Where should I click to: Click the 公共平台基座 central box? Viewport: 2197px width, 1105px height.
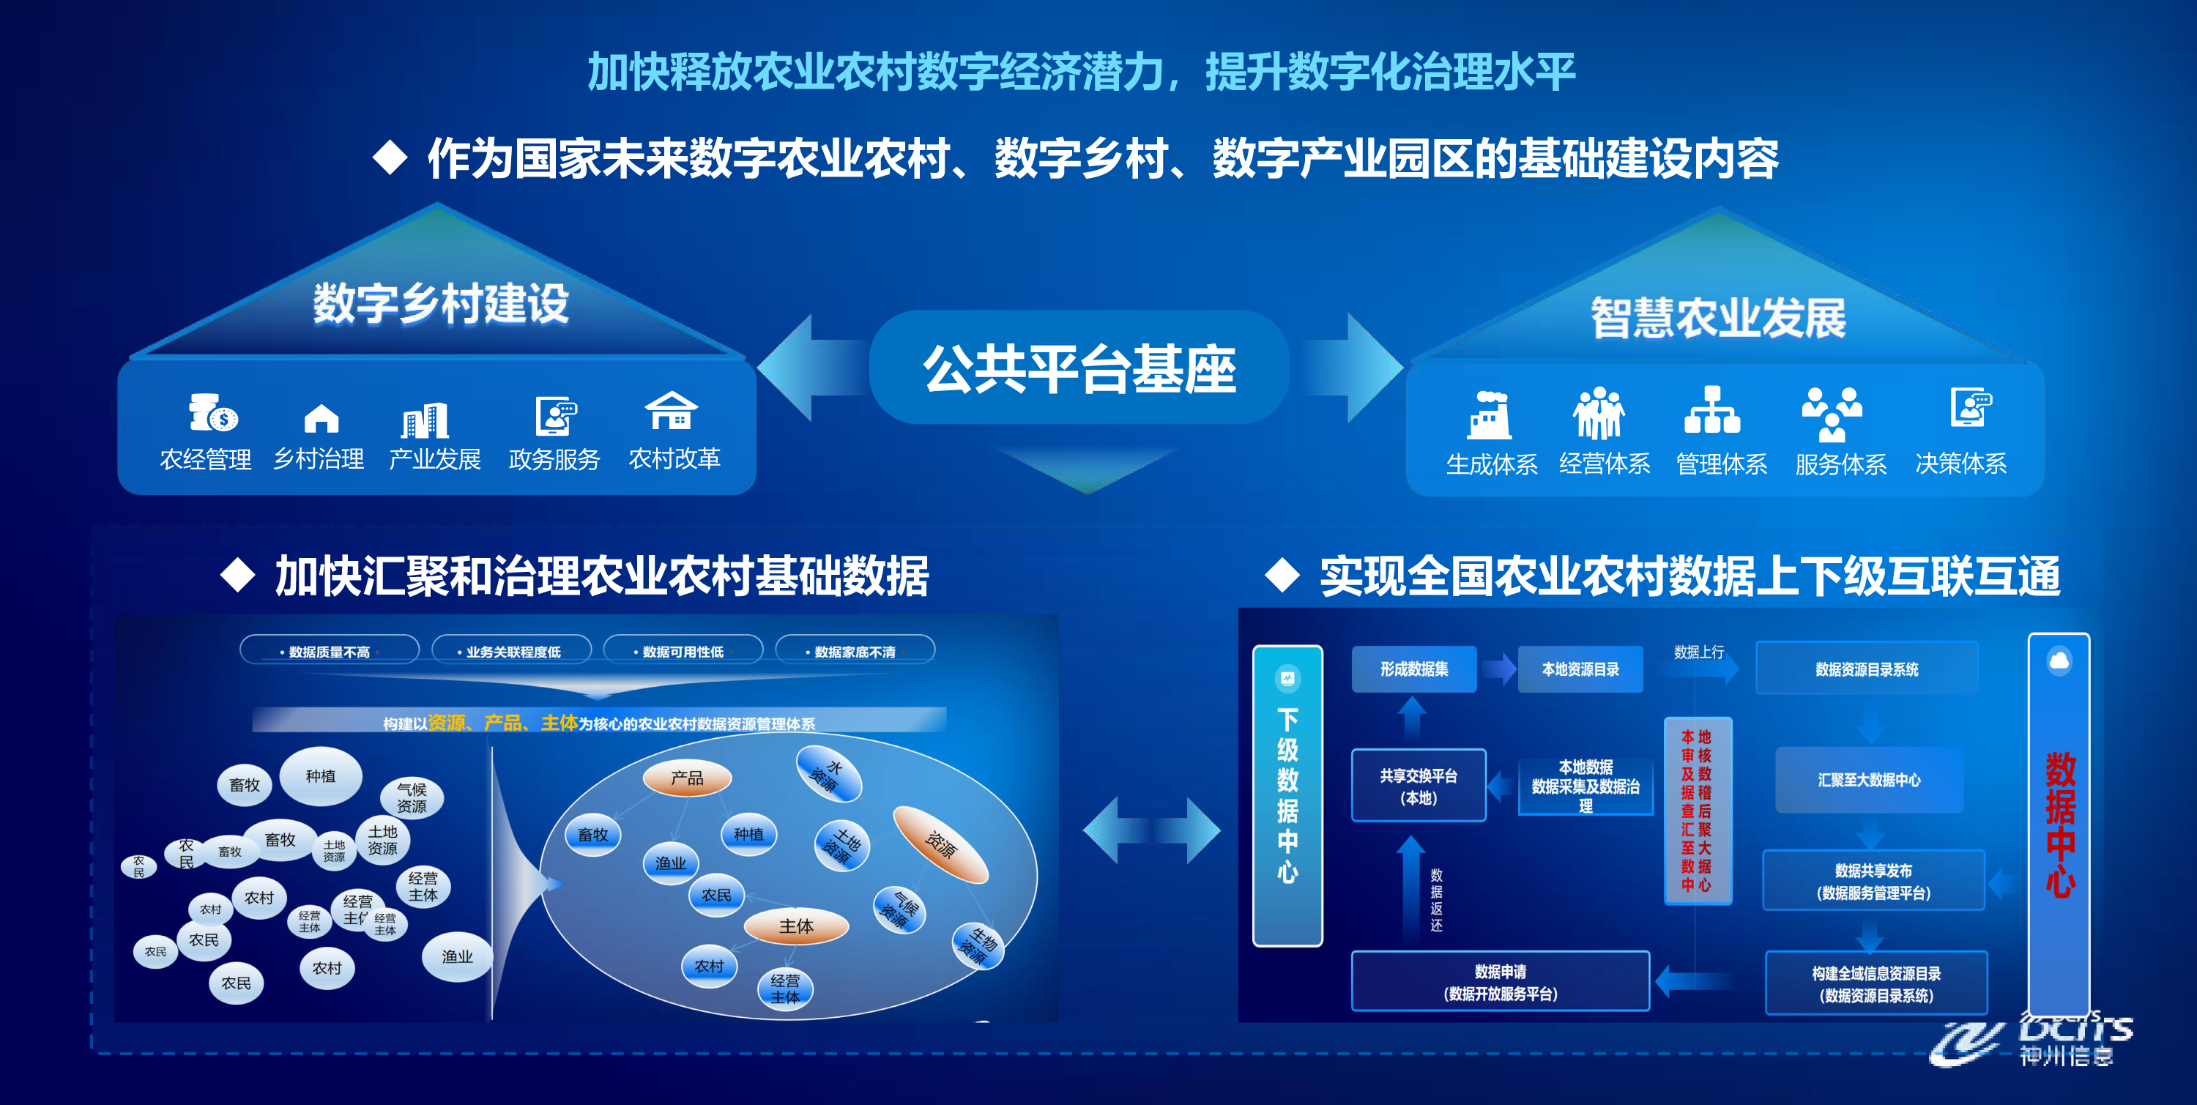pyautogui.click(x=1079, y=368)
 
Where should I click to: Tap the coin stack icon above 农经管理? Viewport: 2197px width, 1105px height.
pyautogui.click(x=212, y=414)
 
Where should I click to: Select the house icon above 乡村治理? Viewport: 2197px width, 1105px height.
pyautogui.click(x=321, y=418)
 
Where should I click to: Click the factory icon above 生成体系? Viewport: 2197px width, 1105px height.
pyautogui.click(x=1489, y=415)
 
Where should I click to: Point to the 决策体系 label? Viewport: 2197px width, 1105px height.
pyautogui.click(x=1960, y=463)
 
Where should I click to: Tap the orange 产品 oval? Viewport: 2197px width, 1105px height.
pyautogui.click(x=687, y=778)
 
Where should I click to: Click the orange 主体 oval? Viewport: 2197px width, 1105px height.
pyautogui.click(x=796, y=926)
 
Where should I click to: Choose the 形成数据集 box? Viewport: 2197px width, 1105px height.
pyautogui.click(x=1414, y=669)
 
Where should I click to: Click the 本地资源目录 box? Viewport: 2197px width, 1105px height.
pyautogui.click(x=1580, y=669)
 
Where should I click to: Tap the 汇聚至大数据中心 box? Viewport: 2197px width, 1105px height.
pyautogui.click(x=1869, y=780)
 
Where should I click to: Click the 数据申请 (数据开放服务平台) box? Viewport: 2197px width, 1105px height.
pyautogui.click(x=1501, y=982)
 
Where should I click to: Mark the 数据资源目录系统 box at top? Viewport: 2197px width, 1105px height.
pyautogui.click(x=1866, y=669)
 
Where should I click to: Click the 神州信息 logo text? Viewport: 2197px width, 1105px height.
pyautogui.click(x=2066, y=1055)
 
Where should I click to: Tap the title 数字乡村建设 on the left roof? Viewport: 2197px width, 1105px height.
pyautogui.click(x=440, y=304)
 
